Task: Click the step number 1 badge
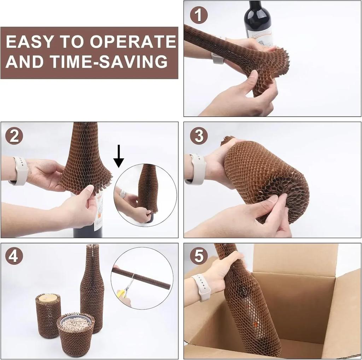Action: pos(199,15)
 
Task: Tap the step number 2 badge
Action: pos(14,136)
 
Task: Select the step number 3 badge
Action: pos(199,136)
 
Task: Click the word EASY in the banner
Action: pos(30,42)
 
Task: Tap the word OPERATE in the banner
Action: pos(133,42)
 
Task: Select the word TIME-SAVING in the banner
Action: pos(109,61)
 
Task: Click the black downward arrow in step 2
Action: pos(119,156)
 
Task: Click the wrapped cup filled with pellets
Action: pos(76,334)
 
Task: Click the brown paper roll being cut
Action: pos(141,277)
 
